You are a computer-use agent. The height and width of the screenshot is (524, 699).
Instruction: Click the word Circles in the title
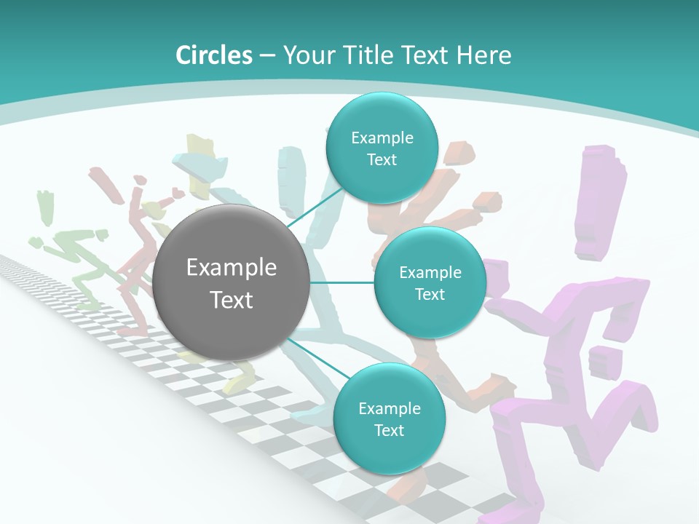214,55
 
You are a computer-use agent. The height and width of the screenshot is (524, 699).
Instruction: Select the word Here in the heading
484,55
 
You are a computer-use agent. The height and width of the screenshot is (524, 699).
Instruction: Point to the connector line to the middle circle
342,282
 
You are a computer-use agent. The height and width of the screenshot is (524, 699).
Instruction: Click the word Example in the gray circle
231,268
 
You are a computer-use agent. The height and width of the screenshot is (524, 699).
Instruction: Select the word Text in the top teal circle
382,160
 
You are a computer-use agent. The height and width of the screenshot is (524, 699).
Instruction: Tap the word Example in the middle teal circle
430,273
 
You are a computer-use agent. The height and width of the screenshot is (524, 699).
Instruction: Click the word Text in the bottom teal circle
389,430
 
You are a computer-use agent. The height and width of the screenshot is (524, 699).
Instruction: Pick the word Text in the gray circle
231,300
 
